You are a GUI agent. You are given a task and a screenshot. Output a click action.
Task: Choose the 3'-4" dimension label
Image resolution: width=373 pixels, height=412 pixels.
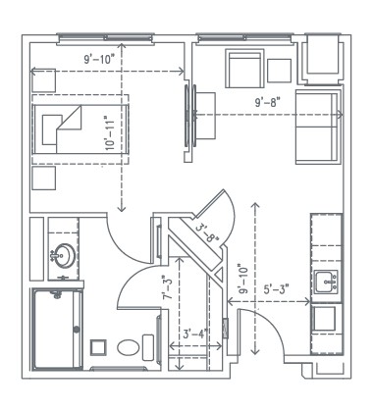click(x=193, y=334)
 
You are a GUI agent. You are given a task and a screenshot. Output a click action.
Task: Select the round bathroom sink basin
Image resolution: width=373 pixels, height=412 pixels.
click(x=60, y=258)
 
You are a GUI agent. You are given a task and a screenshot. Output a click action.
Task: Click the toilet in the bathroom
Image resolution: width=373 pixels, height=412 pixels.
click(x=127, y=347)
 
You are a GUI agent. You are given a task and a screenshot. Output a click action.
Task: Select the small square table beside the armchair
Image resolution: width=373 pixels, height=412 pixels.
click(x=281, y=70)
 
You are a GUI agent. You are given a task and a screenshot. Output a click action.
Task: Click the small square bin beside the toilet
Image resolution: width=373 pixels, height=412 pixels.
click(x=97, y=347)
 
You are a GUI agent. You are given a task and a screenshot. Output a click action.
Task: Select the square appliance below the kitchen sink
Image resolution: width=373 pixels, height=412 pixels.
click(x=327, y=321)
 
